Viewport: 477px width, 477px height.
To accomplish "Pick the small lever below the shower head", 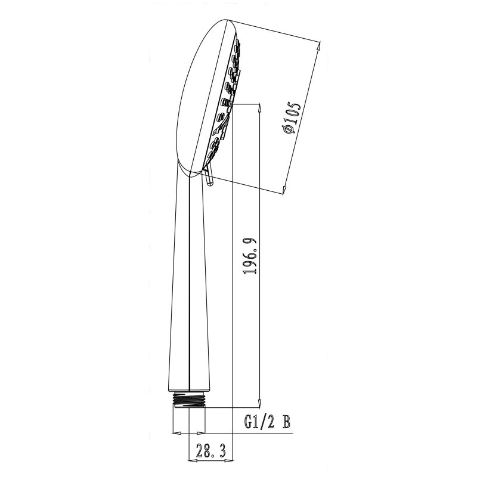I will pyautogui.click(x=208, y=177).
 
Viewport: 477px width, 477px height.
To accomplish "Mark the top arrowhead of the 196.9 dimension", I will pyautogui.click(x=259, y=108).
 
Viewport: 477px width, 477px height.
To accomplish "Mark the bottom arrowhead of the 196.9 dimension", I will pyautogui.click(x=259, y=402).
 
